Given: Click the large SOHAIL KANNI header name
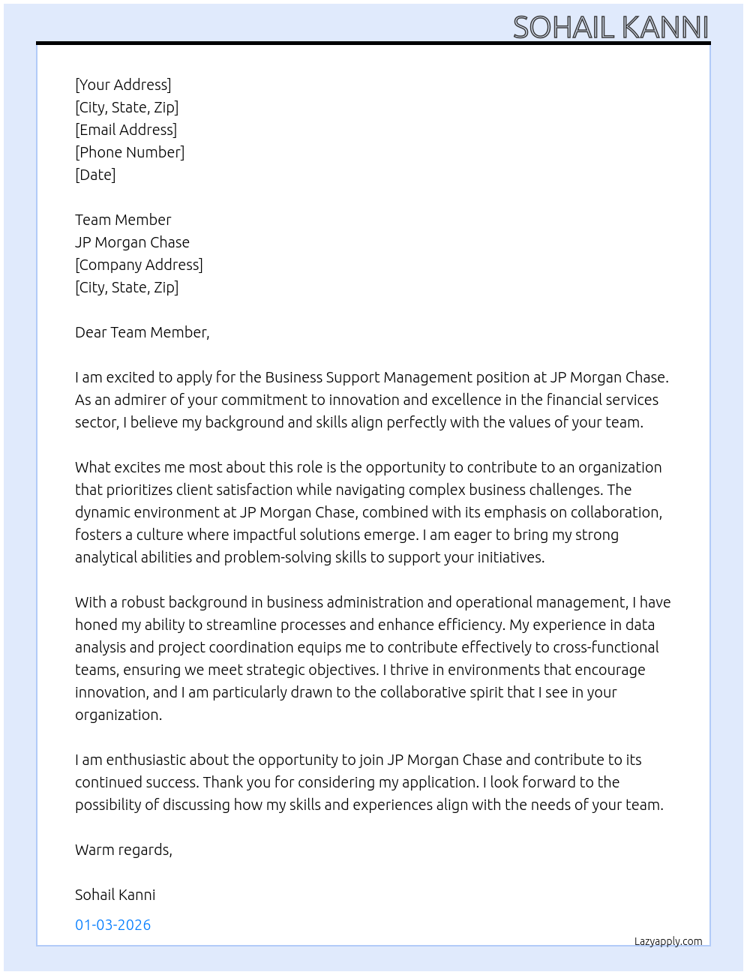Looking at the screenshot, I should (x=610, y=27).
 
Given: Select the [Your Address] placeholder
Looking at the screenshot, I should (x=123, y=85).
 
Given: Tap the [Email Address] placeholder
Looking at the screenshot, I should (x=126, y=130).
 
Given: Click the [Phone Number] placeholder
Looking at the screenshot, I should (x=130, y=152).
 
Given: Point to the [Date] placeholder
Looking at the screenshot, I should (x=95, y=175).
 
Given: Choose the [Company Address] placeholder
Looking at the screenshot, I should (x=139, y=265).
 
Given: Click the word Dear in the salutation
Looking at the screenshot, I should (x=91, y=332).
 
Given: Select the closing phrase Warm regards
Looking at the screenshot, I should (x=123, y=850).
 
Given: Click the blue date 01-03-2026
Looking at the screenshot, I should (x=112, y=925).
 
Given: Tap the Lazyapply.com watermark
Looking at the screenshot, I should (x=668, y=941).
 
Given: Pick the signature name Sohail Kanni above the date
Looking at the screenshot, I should (x=115, y=895).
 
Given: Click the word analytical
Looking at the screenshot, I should (x=105, y=557).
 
